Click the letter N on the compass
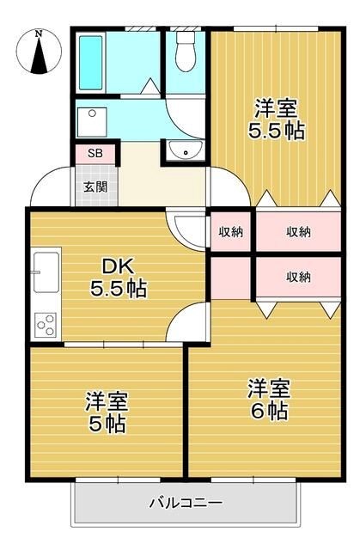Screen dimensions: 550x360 (x=38, y=34)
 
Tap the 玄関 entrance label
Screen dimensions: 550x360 (x=95, y=186)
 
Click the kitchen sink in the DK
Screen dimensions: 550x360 (x=46, y=273)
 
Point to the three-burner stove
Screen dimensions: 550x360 (x=46, y=325)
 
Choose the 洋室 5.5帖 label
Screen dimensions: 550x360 (x=276, y=119)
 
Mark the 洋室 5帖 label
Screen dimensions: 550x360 (x=107, y=412)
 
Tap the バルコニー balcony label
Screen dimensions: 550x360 (x=186, y=502)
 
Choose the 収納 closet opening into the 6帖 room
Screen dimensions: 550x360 (x=297, y=277)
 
